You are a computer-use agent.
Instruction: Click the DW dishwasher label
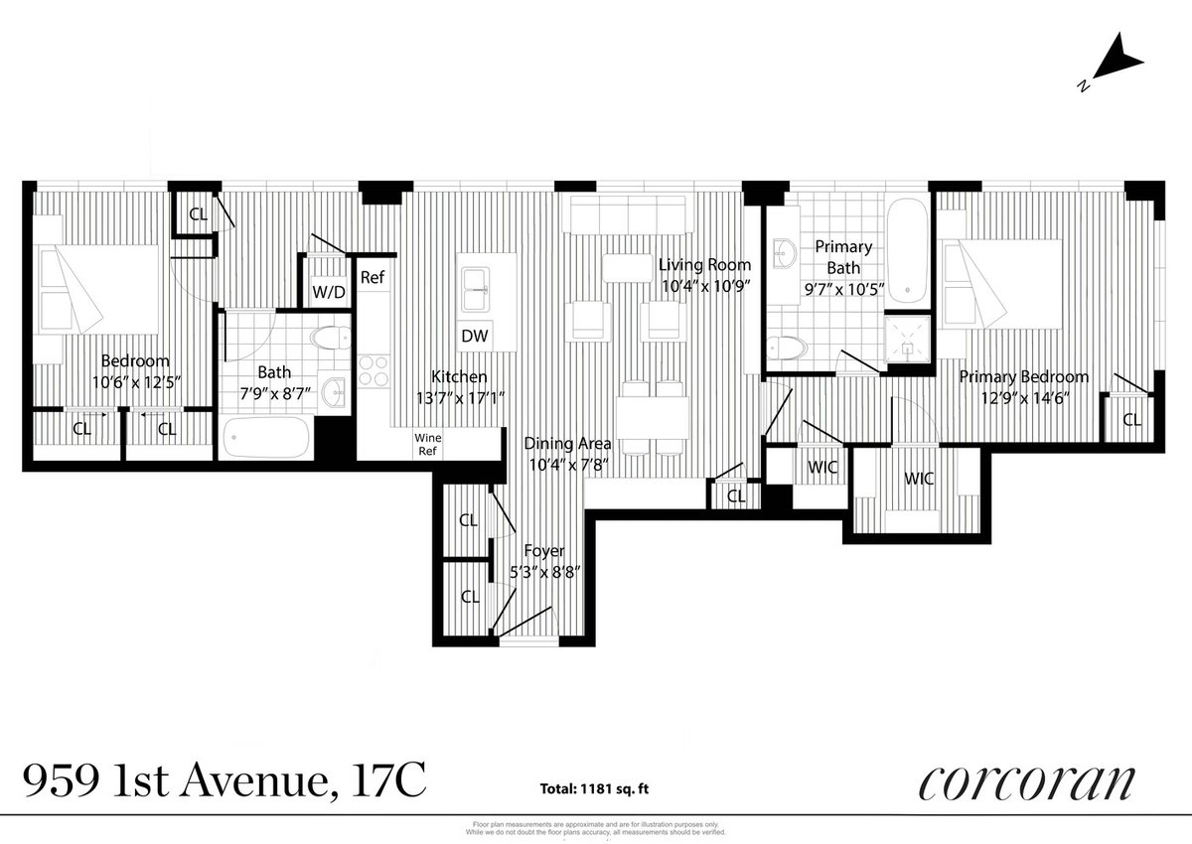[474, 337]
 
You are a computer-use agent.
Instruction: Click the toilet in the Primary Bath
[790, 347]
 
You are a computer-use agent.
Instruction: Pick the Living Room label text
[704, 265]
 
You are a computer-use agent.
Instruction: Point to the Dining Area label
[568, 444]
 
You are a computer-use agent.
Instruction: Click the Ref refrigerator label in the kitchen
[372, 278]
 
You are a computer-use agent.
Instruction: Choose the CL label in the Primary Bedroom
[1131, 420]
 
